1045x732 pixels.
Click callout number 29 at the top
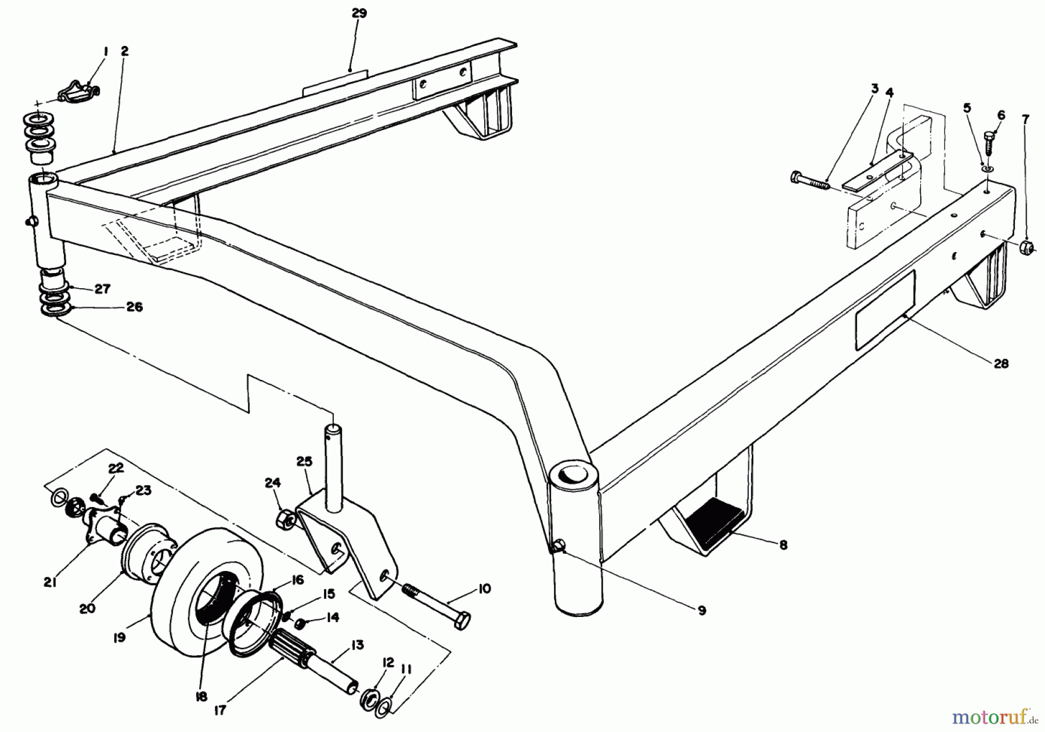click(x=359, y=13)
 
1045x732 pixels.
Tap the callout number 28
click(x=1001, y=364)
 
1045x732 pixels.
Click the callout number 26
click(x=134, y=307)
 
